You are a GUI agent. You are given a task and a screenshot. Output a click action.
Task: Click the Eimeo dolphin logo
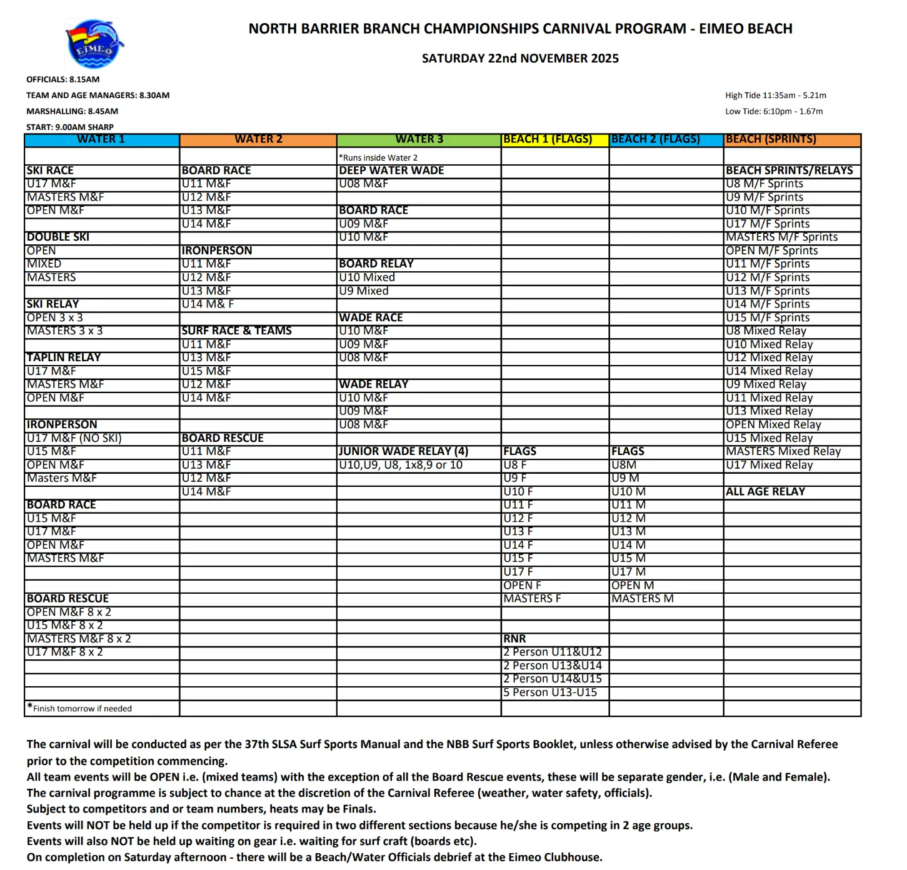point(94,44)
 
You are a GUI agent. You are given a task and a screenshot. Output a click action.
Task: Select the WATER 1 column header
point(101,139)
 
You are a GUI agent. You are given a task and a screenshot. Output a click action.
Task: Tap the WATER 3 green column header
point(419,139)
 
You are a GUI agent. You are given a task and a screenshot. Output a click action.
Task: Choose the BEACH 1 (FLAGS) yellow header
point(548,139)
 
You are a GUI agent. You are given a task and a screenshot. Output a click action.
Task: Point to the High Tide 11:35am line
point(775,96)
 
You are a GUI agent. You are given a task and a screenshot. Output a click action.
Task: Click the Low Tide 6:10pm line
point(774,111)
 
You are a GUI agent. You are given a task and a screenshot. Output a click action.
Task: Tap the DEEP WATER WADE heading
point(391,171)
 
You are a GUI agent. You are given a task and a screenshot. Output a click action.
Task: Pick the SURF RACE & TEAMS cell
point(236,331)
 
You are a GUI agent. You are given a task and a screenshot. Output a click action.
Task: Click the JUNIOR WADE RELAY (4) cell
point(403,451)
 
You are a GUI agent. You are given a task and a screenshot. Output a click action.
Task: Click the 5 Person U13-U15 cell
point(550,692)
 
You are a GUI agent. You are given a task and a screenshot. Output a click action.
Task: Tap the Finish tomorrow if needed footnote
point(81,709)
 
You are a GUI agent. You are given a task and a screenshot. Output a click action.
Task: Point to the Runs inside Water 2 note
point(379,157)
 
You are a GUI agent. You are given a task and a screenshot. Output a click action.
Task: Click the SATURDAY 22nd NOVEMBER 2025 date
point(520,59)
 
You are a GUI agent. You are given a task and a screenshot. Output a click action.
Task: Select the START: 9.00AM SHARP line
point(70,127)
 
